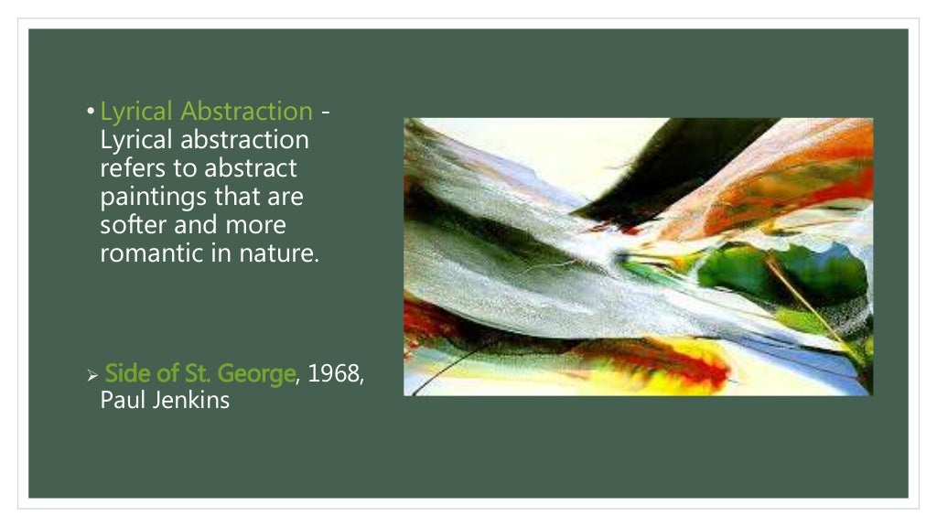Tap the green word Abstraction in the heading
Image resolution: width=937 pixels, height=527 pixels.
(x=247, y=112)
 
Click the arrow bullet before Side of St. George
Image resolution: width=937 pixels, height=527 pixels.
(x=92, y=375)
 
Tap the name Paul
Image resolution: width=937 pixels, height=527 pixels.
(x=120, y=400)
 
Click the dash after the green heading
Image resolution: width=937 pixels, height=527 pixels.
(x=326, y=113)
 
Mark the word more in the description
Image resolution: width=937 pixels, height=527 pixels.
(x=255, y=225)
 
